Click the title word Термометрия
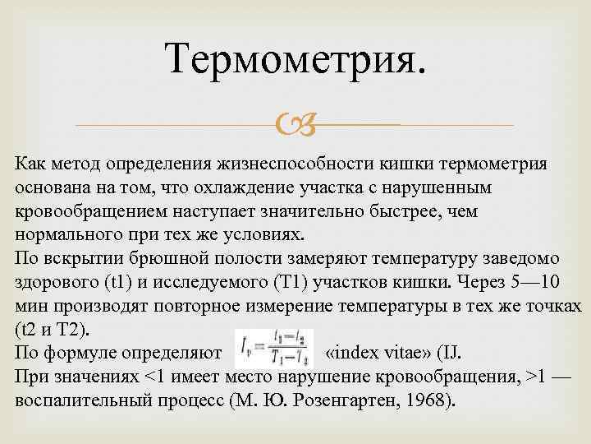point(295,59)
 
